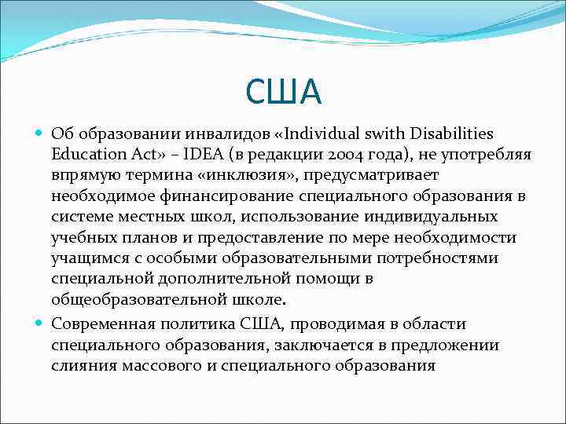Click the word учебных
pyautogui.click(x=84, y=237)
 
